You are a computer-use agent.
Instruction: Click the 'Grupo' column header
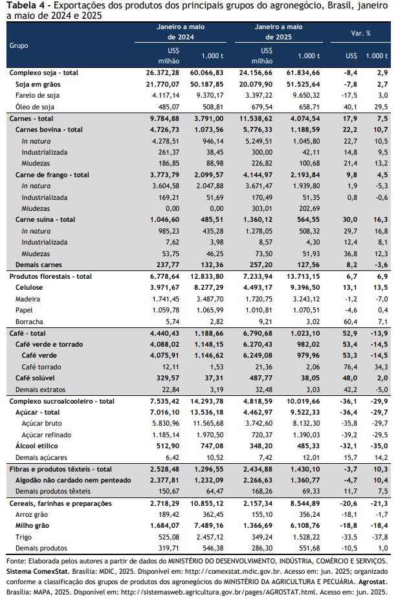[19, 45]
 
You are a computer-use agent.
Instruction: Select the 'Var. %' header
[360, 33]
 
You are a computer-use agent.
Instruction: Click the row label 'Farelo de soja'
[38, 96]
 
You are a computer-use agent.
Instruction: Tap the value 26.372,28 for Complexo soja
[162, 72]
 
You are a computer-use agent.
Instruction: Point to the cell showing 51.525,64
[303, 84]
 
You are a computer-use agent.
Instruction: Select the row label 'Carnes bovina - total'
[49, 129]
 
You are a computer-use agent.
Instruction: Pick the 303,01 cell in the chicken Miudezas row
[262, 208]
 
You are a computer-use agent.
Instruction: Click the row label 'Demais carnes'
[39, 265]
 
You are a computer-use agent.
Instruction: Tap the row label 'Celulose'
[29, 287]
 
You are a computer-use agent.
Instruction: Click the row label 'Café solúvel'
[35, 378]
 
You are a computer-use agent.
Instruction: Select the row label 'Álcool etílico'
[37, 446]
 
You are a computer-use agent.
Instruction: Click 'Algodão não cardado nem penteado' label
[73, 480]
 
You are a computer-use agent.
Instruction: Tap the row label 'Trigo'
[24, 537]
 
